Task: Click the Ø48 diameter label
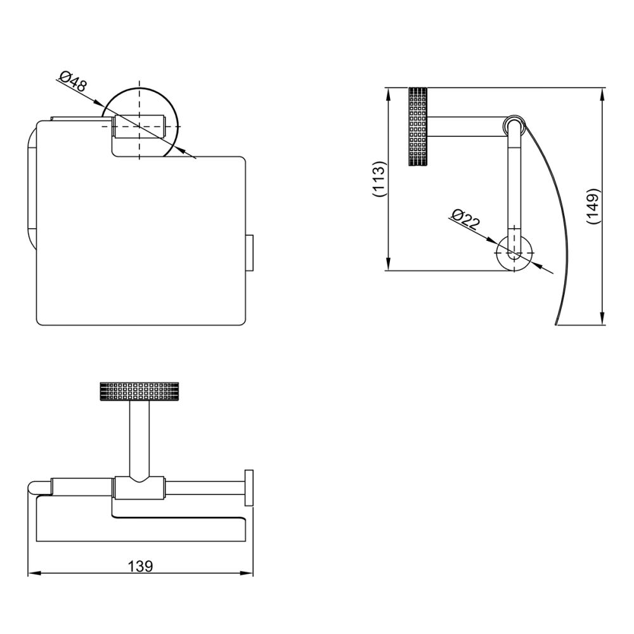tap(73, 81)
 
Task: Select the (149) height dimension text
tap(594, 206)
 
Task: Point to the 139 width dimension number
tap(140, 566)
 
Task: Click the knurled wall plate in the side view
tap(418, 127)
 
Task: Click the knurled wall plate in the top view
tap(139, 391)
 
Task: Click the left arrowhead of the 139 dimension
tap(35, 573)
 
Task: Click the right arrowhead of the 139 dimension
tap(246, 573)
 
